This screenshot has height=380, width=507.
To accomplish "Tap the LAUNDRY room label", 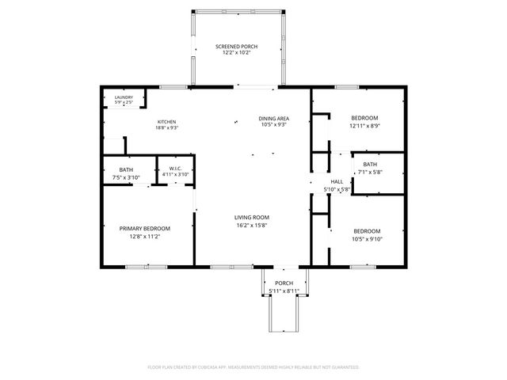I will [x=124, y=97].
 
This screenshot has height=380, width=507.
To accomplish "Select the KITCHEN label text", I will [x=166, y=121].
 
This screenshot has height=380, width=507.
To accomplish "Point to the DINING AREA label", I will [x=272, y=118].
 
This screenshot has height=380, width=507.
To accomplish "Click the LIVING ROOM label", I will [x=252, y=217].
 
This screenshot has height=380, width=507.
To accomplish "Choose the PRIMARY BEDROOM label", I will [x=145, y=228].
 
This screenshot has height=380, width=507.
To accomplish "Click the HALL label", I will [x=337, y=181].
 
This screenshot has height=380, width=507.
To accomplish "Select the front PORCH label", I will [x=284, y=283].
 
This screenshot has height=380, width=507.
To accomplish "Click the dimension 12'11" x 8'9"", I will [x=364, y=125].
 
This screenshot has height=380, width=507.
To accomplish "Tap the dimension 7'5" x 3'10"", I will [x=127, y=177].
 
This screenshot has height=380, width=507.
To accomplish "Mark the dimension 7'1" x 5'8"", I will [x=370, y=172].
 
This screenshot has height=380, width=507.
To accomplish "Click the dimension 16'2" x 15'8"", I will [x=252, y=225].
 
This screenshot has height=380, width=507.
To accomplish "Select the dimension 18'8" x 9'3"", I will [x=166, y=128].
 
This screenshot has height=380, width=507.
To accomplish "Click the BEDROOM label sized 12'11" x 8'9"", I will [x=364, y=118].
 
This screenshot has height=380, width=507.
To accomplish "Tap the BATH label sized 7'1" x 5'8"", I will [x=370, y=164].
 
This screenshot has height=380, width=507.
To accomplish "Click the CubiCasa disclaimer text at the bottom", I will [x=253, y=367].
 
